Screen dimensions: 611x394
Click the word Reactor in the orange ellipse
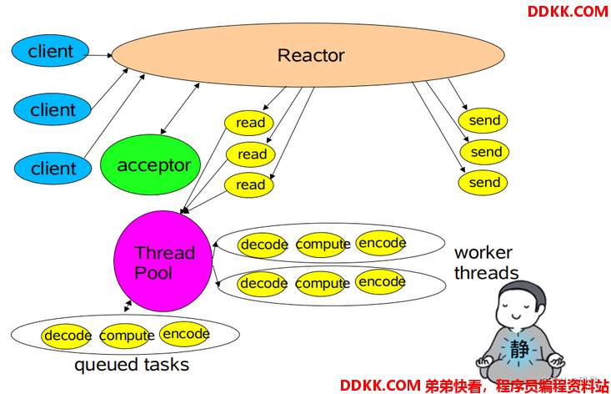pyautogui.click(x=311, y=55)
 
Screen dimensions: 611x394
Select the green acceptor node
pyautogui.click(x=150, y=164)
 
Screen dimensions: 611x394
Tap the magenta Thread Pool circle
pyautogui.click(x=163, y=261)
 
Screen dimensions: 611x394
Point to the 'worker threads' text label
pyautogui.click(x=486, y=263)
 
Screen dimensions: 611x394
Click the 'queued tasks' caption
pyautogui.click(x=132, y=365)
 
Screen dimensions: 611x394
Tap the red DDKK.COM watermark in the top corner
pyautogui.click(x=568, y=12)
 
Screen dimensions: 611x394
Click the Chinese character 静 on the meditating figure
pyautogui.click(x=520, y=349)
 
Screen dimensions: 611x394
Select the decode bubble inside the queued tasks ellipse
pyautogui.click(x=67, y=336)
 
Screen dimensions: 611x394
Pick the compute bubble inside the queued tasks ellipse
pyautogui.click(x=127, y=336)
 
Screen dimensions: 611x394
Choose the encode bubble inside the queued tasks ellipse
pyautogui.click(x=185, y=334)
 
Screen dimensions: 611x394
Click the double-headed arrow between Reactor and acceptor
pyautogui.click(x=180, y=109)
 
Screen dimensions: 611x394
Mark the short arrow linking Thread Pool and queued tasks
pyautogui.click(x=128, y=306)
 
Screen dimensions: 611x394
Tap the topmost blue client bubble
pyautogui.click(x=50, y=51)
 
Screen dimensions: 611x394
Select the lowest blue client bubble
pyautogui.click(x=53, y=168)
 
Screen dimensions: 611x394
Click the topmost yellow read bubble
pyautogui.click(x=249, y=123)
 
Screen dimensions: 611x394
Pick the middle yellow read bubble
pyautogui.click(x=251, y=154)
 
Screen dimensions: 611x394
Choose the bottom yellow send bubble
pyautogui.click(x=483, y=183)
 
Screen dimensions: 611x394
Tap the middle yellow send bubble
pyautogui.click(x=484, y=152)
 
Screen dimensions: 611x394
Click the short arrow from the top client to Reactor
pyautogui.click(x=98, y=55)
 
